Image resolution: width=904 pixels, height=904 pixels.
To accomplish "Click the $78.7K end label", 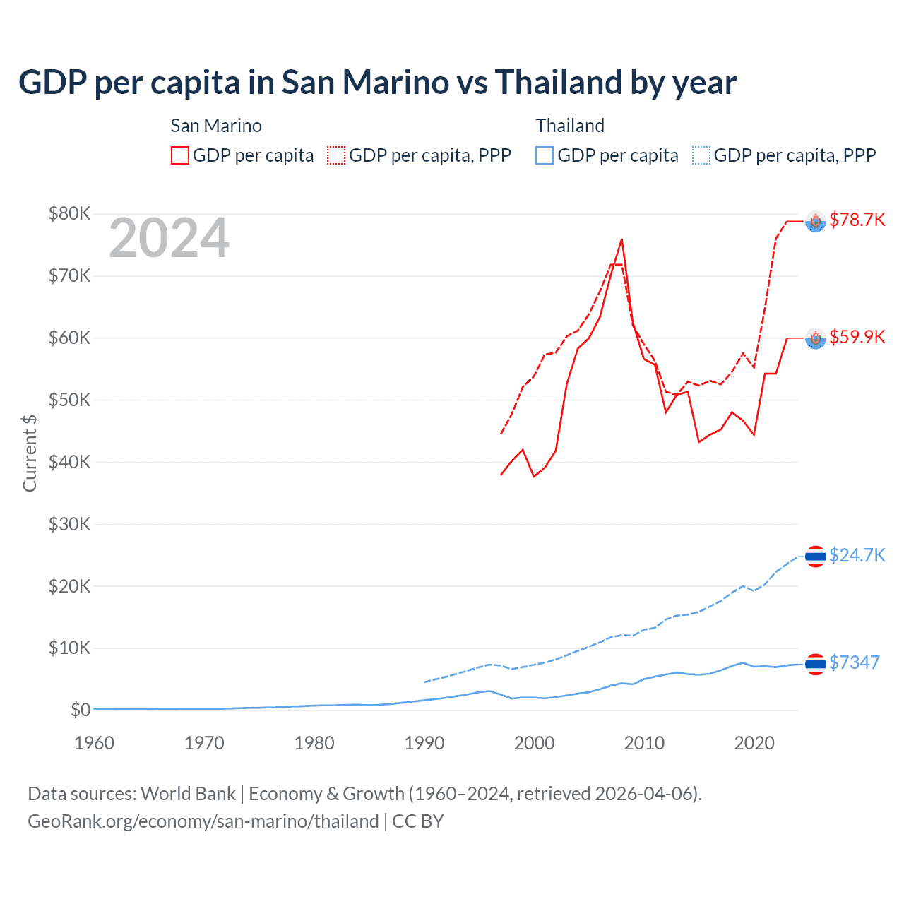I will [857, 220].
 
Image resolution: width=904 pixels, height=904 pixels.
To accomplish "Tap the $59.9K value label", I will [857, 337].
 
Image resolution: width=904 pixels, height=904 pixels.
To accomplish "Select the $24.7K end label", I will [857, 555].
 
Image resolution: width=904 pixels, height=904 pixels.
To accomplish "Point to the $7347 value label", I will [854, 662].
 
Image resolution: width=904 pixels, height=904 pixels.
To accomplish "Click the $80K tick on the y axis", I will [69, 213].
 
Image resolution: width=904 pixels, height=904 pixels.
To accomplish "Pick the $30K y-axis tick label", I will [69, 524].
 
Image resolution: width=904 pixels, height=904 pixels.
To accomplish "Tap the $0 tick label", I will [80, 710].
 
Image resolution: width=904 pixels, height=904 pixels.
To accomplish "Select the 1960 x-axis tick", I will [94, 743].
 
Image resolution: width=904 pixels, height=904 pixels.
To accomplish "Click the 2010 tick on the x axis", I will [644, 743].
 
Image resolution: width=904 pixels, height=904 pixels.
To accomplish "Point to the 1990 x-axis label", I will [424, 743].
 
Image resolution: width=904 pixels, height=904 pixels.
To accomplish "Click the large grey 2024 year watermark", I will [169, 238].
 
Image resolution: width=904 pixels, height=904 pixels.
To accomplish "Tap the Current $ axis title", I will [30, 453].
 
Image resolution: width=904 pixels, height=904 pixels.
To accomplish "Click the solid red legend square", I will [180, 155].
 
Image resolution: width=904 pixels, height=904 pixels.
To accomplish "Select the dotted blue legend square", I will [701, 155].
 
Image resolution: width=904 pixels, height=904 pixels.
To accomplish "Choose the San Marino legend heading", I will [216, 126].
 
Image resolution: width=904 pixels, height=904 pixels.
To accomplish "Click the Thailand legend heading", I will [570, 126].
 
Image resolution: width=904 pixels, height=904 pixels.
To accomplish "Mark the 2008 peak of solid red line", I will [621, 239].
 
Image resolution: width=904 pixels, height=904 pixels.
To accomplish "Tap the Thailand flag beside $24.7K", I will [816, 557].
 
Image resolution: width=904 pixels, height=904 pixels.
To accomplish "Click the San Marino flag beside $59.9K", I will [816, 339].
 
